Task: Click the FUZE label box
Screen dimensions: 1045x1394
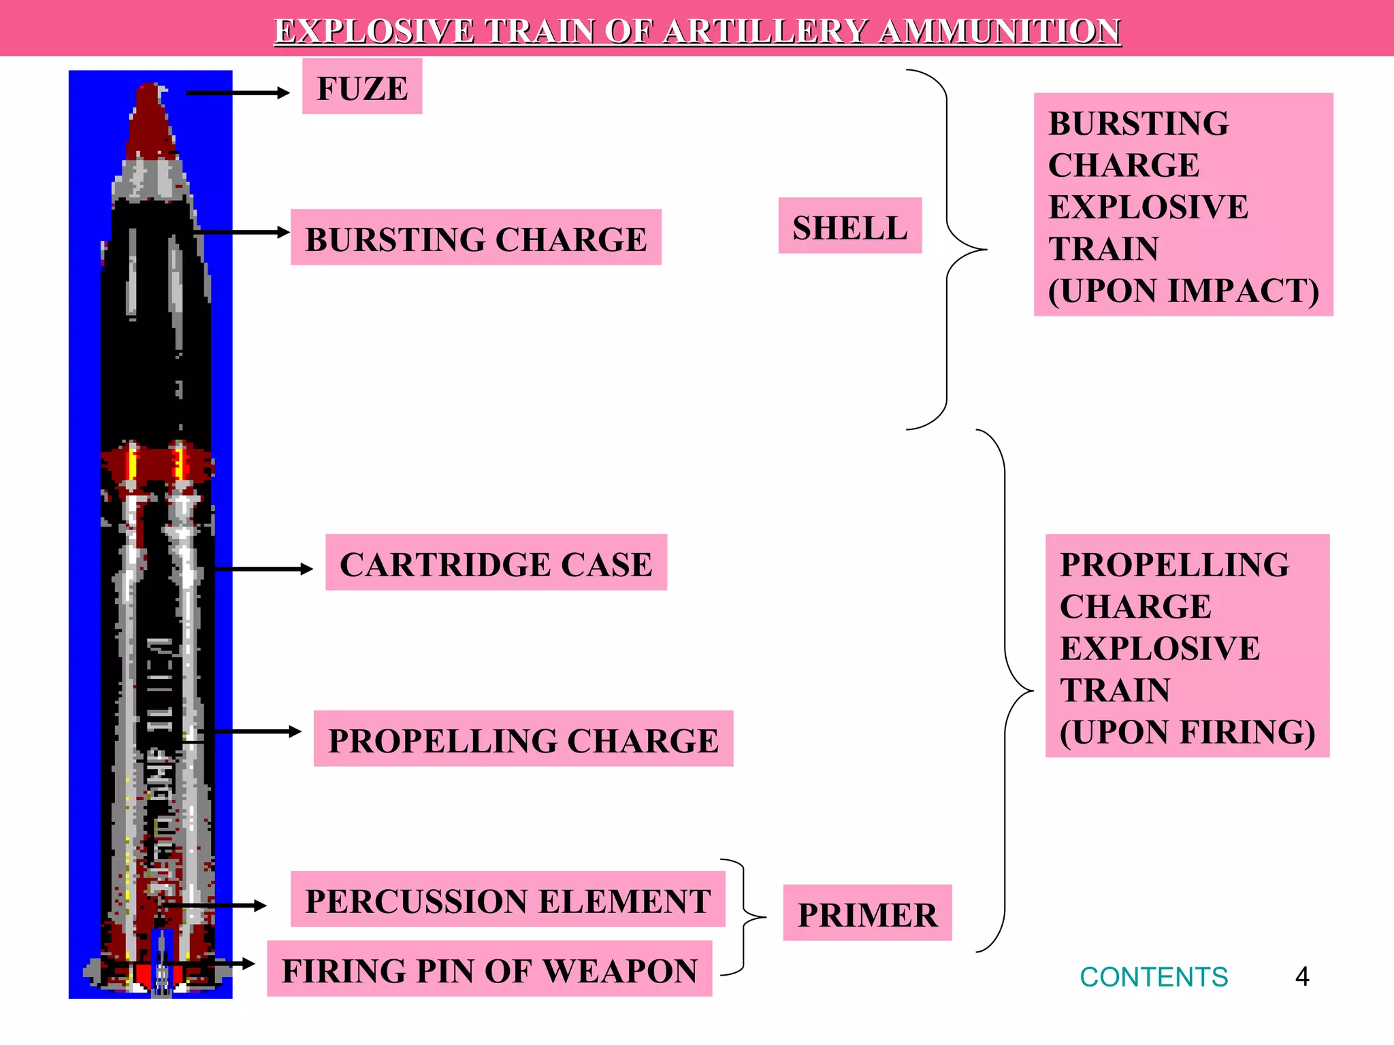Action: click(x=362, y=87)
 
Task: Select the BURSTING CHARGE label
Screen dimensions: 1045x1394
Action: click(x=476, y=237)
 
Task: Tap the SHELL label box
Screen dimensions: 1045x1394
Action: click(x=849, y=226)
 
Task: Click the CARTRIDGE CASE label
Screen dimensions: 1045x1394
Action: click(x=496, y=563)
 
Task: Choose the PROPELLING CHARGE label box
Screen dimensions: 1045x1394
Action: click(x=523, y=739)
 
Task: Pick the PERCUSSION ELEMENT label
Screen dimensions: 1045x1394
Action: click(x=508, y=899)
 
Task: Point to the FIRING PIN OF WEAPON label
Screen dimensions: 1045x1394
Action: click(x=489, y=969)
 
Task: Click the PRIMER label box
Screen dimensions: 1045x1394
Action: click(x=867, y=913)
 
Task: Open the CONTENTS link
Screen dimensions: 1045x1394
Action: click(x=1154, y=977)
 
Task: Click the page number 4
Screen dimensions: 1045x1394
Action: click(x=1302, y=977)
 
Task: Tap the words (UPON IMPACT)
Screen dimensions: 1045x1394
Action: click(x=1184, y=291)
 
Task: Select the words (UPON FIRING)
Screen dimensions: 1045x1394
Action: click(x=1187, y=732)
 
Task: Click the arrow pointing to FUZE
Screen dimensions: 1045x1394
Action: click(x=238, y=93)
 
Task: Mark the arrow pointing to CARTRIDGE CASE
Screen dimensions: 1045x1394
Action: click(x=263, y=569)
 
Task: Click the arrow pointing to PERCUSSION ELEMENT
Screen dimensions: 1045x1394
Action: click(x=218, y=906)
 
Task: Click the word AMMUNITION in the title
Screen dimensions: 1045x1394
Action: click(x=999, y=31)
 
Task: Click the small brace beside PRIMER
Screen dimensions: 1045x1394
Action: click(x=745, y=917)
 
